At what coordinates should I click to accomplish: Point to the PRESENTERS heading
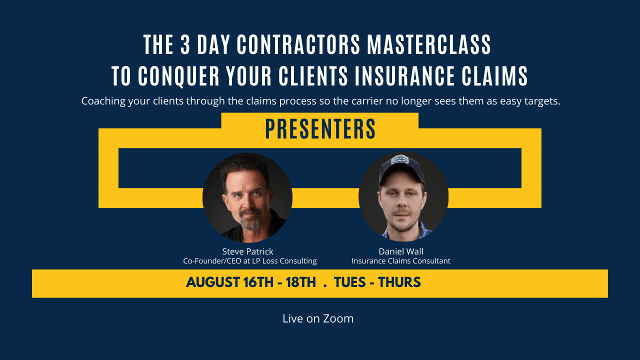pos(320,129)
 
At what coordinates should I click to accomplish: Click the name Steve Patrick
pos(247,251)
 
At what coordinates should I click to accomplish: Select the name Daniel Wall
pos(401,251)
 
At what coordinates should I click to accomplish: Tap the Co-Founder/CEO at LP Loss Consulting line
pos(249,260)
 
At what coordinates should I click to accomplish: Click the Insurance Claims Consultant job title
pos(401,260)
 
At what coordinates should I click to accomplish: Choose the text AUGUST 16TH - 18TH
pos(251,283)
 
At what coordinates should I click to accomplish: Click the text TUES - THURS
pos(377,283)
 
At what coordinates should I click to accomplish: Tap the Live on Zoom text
pos(318,318)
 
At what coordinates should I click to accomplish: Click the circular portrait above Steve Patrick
pos(247,197)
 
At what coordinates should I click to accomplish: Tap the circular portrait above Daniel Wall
pos(403,196)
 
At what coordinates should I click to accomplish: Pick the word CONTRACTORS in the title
pos(298,45)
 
